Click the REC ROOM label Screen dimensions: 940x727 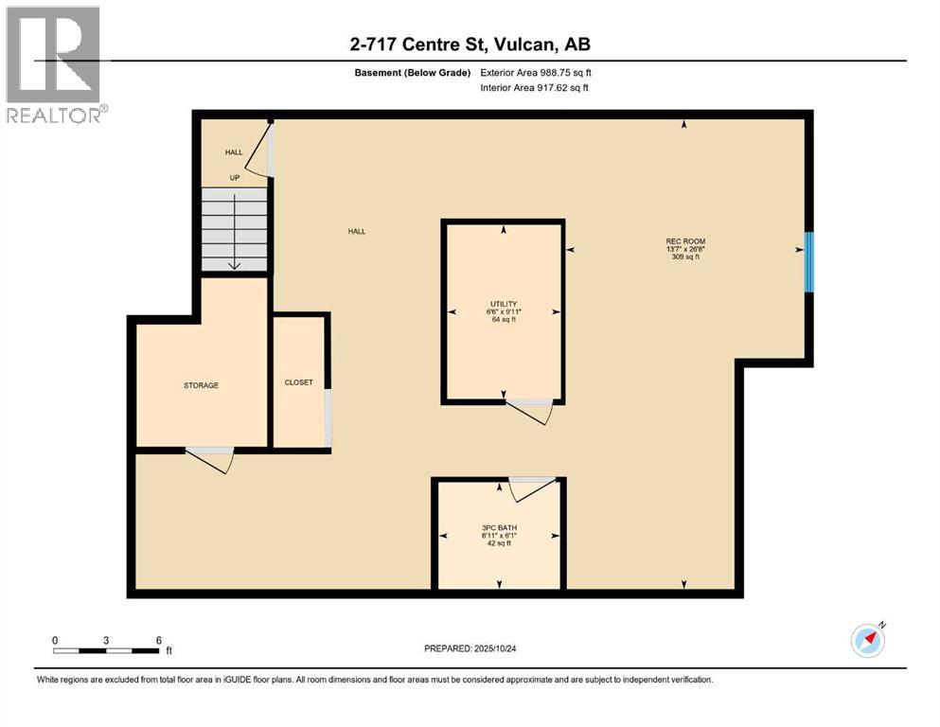point(685,241)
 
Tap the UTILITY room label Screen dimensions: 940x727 point(504,304)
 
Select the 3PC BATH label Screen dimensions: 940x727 point(498,527)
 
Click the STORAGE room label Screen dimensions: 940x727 point(201,385)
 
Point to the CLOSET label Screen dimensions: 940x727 point(298,382)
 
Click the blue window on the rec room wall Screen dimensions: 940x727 point(808,262)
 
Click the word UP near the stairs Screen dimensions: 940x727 point(234,177)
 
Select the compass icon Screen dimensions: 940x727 point(868,641)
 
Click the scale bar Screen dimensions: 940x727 point(106,650)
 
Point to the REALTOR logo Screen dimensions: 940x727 point(54,64)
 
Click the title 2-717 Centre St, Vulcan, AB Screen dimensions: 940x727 point(470,44)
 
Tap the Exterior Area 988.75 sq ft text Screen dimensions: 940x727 point(537,73)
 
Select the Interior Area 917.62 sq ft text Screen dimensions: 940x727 point(536,87)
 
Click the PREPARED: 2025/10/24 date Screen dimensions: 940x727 point(470,649)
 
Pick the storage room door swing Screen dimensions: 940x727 point(210,459)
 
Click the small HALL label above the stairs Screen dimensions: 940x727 point(234,152)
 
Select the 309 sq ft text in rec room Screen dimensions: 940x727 point(685,257)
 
